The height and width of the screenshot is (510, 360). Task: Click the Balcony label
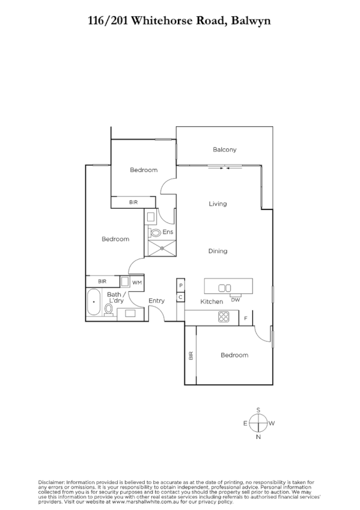coord(225,150)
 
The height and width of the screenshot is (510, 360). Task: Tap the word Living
coord(218,204)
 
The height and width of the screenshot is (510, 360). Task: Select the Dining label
coord(218,251)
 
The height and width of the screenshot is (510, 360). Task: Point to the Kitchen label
coord(212,301)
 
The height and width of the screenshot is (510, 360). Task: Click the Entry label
coord(156,301)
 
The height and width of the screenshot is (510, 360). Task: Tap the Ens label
coord(168,232)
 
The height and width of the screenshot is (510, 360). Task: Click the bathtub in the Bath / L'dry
coord(94,303)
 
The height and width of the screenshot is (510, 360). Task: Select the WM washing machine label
coord(136,281)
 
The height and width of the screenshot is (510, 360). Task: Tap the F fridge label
coord(246,318)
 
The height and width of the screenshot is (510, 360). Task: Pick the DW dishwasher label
coord(236,300)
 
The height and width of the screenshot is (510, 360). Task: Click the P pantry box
coord(180,285)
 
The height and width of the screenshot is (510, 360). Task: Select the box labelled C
coord(180,296)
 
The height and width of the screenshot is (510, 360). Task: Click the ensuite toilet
coord(155,232)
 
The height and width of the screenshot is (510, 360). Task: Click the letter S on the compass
coord(258,410)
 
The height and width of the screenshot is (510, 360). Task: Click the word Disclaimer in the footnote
coord(52,482)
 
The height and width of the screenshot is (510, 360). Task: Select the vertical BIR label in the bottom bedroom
coord(191,355)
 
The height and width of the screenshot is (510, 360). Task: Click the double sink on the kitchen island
coord(225,288)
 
